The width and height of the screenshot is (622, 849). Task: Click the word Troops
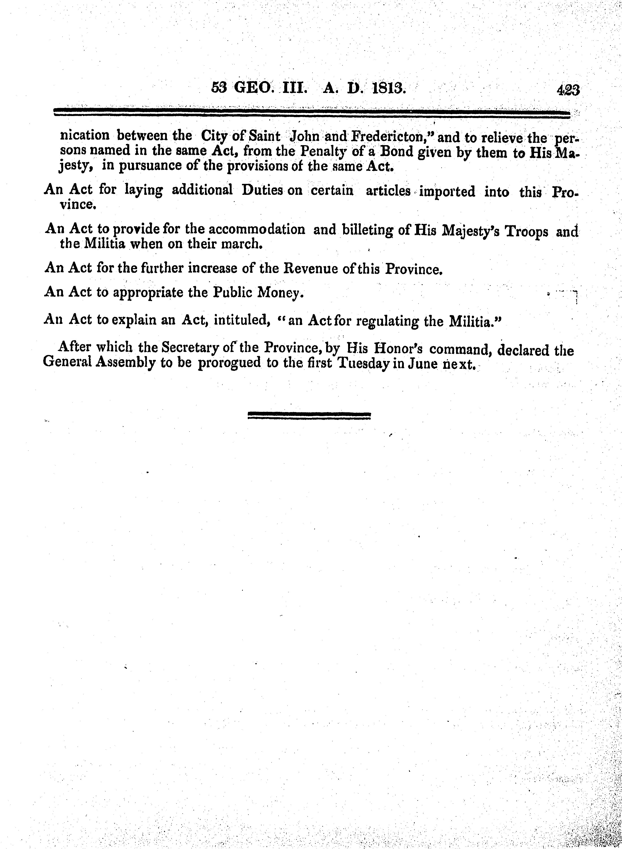526,231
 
